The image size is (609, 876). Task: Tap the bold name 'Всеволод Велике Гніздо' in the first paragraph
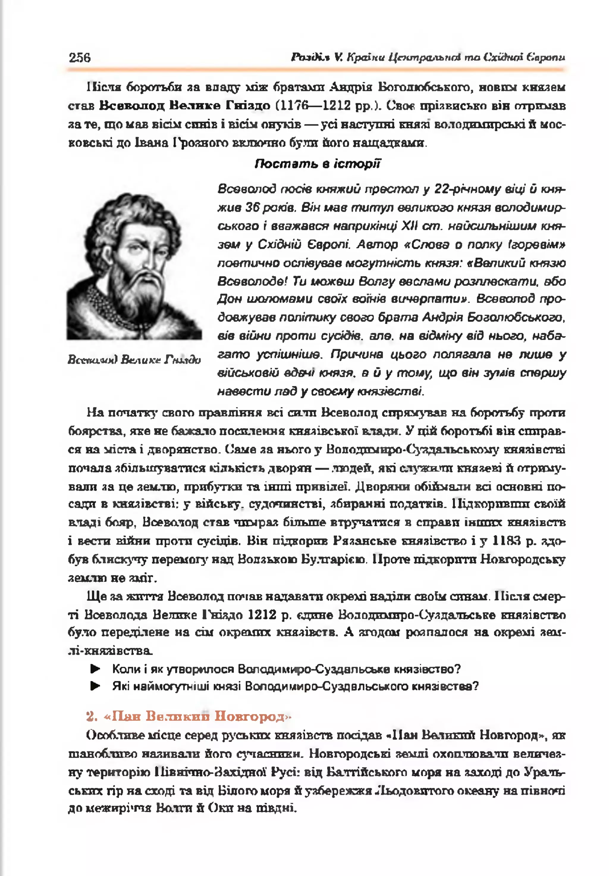tap(185, 105)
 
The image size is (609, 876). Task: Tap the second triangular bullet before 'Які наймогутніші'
tap(95, 686)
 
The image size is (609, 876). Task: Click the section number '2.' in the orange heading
tap(92, 716)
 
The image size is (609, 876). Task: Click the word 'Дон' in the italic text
tap(227, 299)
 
